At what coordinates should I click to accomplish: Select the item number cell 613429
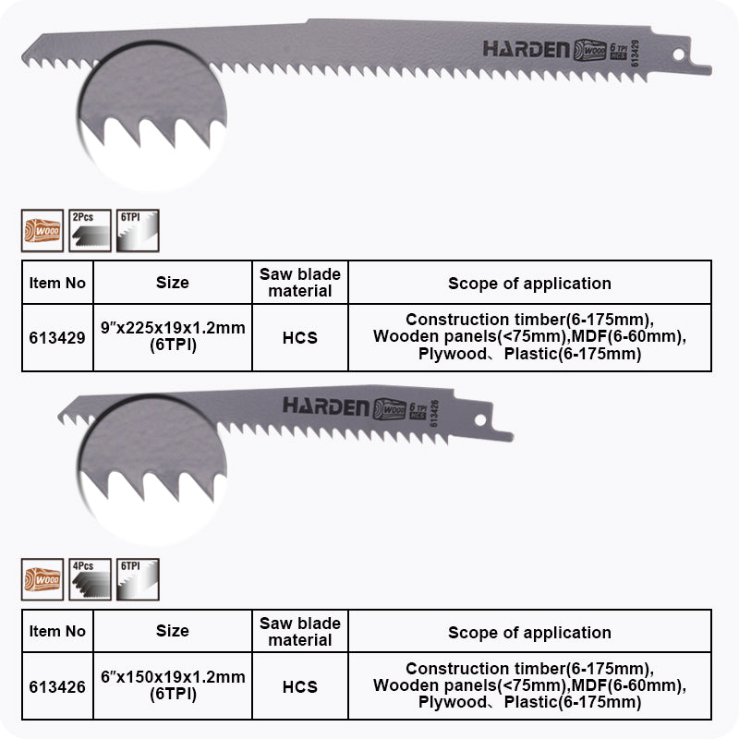tap(57, 338)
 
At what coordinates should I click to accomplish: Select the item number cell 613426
tap(57, 686)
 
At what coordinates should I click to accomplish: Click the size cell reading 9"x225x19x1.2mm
tap(173, 338)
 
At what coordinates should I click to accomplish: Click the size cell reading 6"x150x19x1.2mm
tap(173, 686)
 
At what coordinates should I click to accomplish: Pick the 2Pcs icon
tap(90, 230)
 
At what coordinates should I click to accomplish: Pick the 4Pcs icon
tap(90, 579)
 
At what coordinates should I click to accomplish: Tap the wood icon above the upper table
tap(42, 230)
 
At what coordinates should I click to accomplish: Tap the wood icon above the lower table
tap(42, 579)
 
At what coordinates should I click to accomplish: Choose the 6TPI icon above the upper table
tap(138, 230)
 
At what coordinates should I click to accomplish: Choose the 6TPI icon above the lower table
tap(138, 579)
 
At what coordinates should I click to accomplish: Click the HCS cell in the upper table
tap(300, 338)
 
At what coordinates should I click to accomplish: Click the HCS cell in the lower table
tap(300, 686)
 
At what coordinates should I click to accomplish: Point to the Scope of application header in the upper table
tap(529, 284)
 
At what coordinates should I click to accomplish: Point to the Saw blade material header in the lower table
tap(300, 632)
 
